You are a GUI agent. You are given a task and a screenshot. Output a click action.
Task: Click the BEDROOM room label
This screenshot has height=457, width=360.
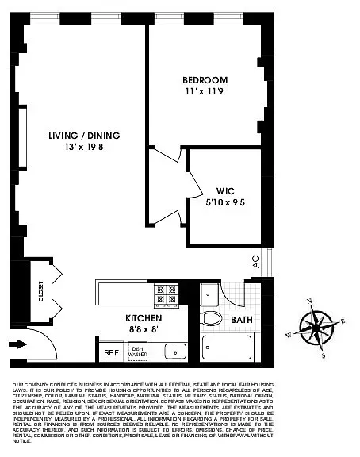coord(205,80)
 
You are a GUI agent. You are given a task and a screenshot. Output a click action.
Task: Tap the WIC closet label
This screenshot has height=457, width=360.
coord(224,190)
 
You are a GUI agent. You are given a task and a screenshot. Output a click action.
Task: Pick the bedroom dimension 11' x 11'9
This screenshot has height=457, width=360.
coord(205,91)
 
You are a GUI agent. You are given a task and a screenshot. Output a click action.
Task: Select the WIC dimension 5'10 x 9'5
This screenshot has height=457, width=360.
coord(224,202)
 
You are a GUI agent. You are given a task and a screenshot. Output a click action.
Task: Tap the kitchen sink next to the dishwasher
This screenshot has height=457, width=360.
coord(174,351)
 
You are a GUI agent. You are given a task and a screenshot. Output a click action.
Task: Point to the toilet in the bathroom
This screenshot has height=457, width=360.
coord(211,320)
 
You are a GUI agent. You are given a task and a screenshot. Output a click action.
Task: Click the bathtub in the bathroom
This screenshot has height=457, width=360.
coord(227,348)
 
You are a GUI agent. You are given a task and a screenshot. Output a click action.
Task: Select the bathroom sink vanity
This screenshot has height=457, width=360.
coord(209,294)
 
